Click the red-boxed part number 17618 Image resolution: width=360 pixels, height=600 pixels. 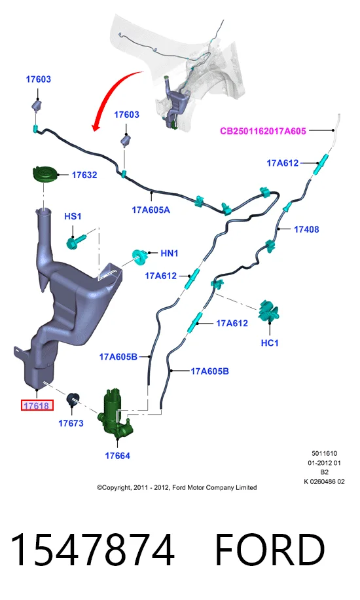click(x=37, y=405)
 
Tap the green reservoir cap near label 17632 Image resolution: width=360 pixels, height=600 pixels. click(x=45, y=174)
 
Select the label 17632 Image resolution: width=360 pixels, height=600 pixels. click(x=84, y=175)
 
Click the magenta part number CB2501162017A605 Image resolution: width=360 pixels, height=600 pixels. click(x=263, y=131)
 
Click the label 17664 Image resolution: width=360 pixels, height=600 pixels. click(x=117, y=456)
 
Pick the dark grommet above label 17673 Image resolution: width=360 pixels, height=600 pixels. click(x=73, y=399)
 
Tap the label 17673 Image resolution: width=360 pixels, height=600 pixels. click(x=71, y=423)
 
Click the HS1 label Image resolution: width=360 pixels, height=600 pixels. click(x=73, y=216)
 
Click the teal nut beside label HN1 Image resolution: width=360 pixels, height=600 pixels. click(x=139, y=257)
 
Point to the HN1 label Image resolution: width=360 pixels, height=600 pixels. click(x=169, y=253)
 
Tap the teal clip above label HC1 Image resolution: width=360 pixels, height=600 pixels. click(x=269, y=310)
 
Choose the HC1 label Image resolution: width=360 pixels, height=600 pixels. click(x=269, y=343)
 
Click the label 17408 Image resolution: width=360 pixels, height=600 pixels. click(x=306, y=229)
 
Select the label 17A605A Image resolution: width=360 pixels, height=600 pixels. click(x=151, y=210)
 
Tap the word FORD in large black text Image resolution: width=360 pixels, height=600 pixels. click(x=270, y=550)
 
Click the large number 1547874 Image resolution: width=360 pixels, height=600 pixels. click(x=92, y=550)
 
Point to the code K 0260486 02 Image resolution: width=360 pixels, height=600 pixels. click(x=324, y=481)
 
